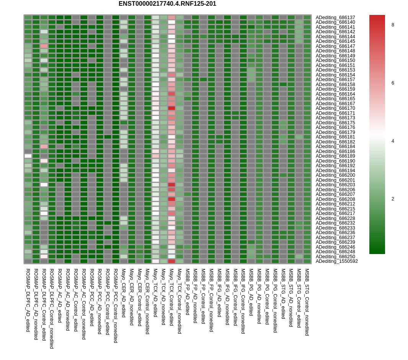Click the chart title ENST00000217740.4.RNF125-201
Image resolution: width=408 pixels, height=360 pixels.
coord(167,4)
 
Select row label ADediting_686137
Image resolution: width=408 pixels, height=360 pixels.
coord(335,18)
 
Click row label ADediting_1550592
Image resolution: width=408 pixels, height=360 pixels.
coord(337,261)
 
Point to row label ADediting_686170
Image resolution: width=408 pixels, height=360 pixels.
coord(335,108)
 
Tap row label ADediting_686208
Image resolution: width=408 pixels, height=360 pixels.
coord(335,199)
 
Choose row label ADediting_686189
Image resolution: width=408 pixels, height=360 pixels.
coord(335,156)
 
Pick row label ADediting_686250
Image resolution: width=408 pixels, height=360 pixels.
coord(335,257)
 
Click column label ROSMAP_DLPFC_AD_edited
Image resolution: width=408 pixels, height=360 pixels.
coord(28,300)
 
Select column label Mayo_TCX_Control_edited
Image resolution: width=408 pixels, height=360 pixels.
coord(171,297)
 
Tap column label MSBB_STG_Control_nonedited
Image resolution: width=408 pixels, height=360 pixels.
coord(307,302)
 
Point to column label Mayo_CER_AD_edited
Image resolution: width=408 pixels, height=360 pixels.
coord(124,293)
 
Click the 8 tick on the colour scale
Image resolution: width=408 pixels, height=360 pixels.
coord(393,25)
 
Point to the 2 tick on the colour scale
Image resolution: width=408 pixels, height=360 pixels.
coord(393,199)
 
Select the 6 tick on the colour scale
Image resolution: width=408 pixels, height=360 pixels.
coord(393,83)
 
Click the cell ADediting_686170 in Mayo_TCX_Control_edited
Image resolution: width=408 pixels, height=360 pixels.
coord(171,108)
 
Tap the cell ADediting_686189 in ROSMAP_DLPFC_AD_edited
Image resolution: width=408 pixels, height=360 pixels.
coord(28,156)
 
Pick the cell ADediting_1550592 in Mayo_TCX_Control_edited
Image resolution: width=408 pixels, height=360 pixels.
coord(171,261)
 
